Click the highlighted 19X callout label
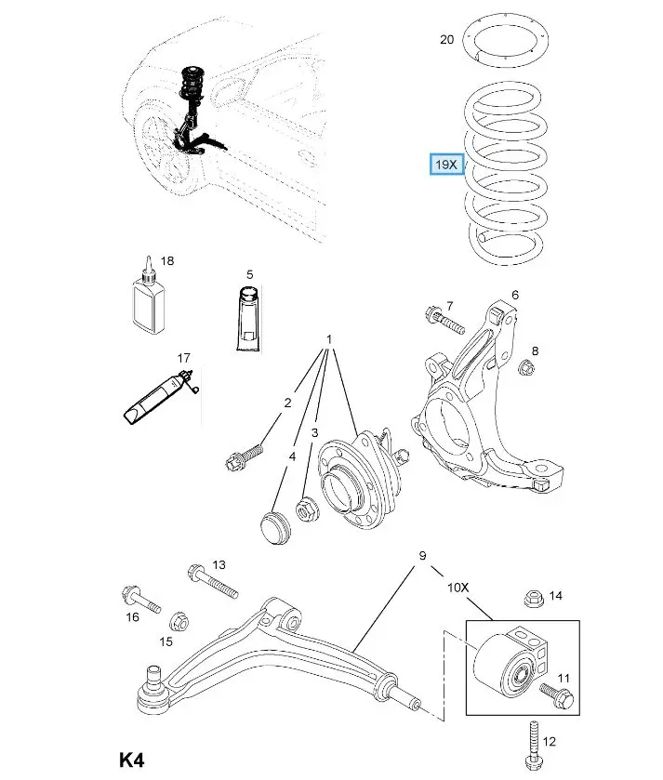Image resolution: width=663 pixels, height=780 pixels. [446, 165]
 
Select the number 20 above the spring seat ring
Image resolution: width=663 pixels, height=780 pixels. [446, 39]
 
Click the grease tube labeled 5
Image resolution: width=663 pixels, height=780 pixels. [248, 319]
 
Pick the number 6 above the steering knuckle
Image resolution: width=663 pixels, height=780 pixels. [513, 295]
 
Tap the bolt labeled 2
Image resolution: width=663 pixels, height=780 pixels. [245, 456]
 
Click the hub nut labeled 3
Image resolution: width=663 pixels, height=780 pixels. [306, 509]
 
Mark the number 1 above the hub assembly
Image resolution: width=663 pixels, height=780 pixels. [328, 339]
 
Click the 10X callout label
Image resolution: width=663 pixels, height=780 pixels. [458, 588]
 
